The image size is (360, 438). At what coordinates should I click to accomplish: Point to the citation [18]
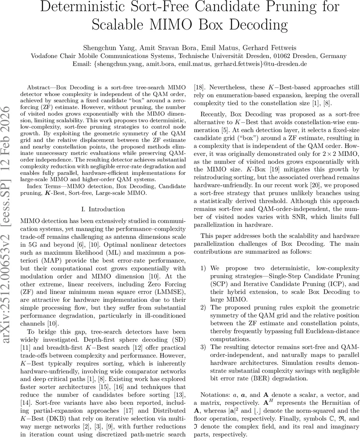click(198, 88)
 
